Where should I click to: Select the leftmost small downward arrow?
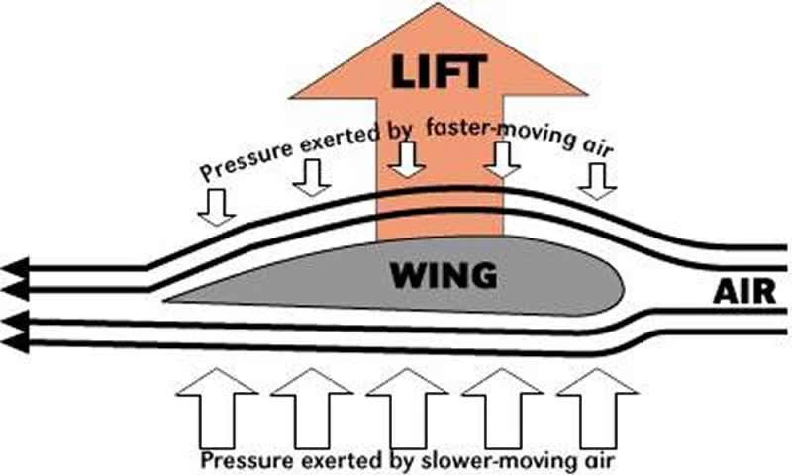[215, 205]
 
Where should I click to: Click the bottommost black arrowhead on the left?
[14, 343]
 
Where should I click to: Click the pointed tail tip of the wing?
[168, 298]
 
